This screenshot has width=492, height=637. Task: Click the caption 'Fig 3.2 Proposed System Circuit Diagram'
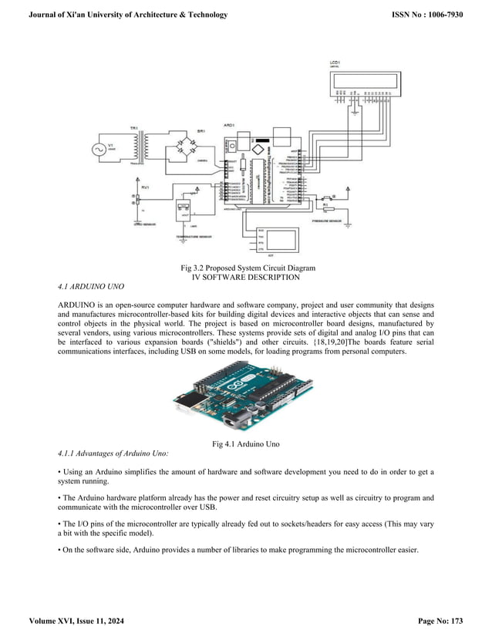246,268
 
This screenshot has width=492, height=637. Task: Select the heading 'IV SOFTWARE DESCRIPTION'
246,277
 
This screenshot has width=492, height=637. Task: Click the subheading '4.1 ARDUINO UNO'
90,287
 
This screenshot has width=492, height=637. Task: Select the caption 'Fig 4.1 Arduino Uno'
246,444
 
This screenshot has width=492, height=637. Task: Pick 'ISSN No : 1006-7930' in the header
427,15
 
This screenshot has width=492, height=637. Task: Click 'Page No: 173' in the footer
440,621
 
